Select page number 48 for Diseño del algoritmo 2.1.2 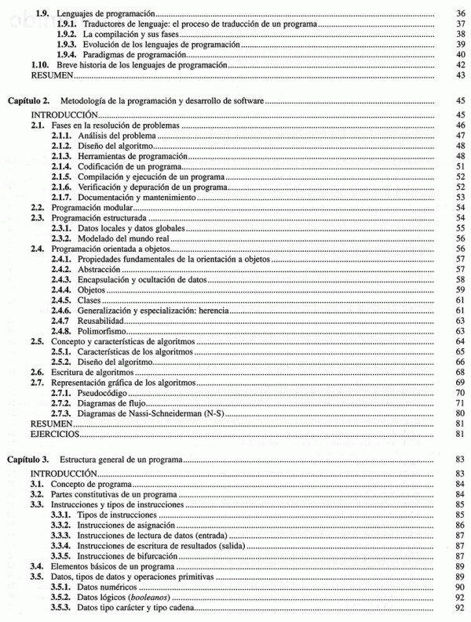pos(460,146)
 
